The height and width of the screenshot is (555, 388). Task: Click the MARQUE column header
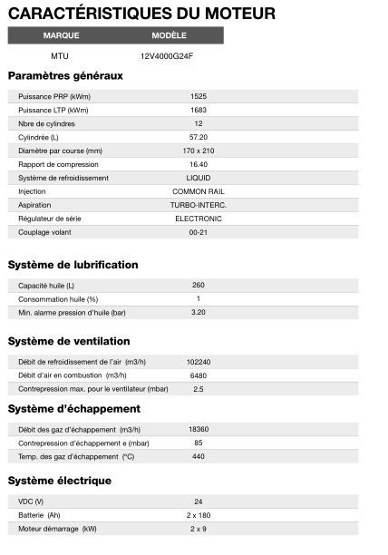point(61,35)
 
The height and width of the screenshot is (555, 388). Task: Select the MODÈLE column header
point(170,35)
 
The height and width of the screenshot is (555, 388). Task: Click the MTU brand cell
point(60,55)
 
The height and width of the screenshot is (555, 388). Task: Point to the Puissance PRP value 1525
point(199,96)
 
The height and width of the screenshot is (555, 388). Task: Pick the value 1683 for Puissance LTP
point(199,110)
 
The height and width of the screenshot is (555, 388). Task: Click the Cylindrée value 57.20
point(199,137)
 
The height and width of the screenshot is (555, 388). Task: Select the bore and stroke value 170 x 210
point(199,151)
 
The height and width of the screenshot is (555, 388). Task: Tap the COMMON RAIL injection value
point(199,191)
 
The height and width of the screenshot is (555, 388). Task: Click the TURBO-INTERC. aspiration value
point(199,205)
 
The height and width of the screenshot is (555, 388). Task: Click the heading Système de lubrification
point(73,265)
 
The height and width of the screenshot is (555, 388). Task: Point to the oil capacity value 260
point(199,285)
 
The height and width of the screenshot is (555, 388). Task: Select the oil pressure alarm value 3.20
point(199,312)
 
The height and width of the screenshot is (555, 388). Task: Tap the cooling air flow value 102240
point(199,361)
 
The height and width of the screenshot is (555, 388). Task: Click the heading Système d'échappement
point(73,409)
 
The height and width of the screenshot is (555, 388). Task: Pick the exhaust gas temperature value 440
point(199,455)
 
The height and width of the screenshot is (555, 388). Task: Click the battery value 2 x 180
point(199,514)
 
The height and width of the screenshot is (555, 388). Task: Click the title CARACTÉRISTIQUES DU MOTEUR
point(141,14)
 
